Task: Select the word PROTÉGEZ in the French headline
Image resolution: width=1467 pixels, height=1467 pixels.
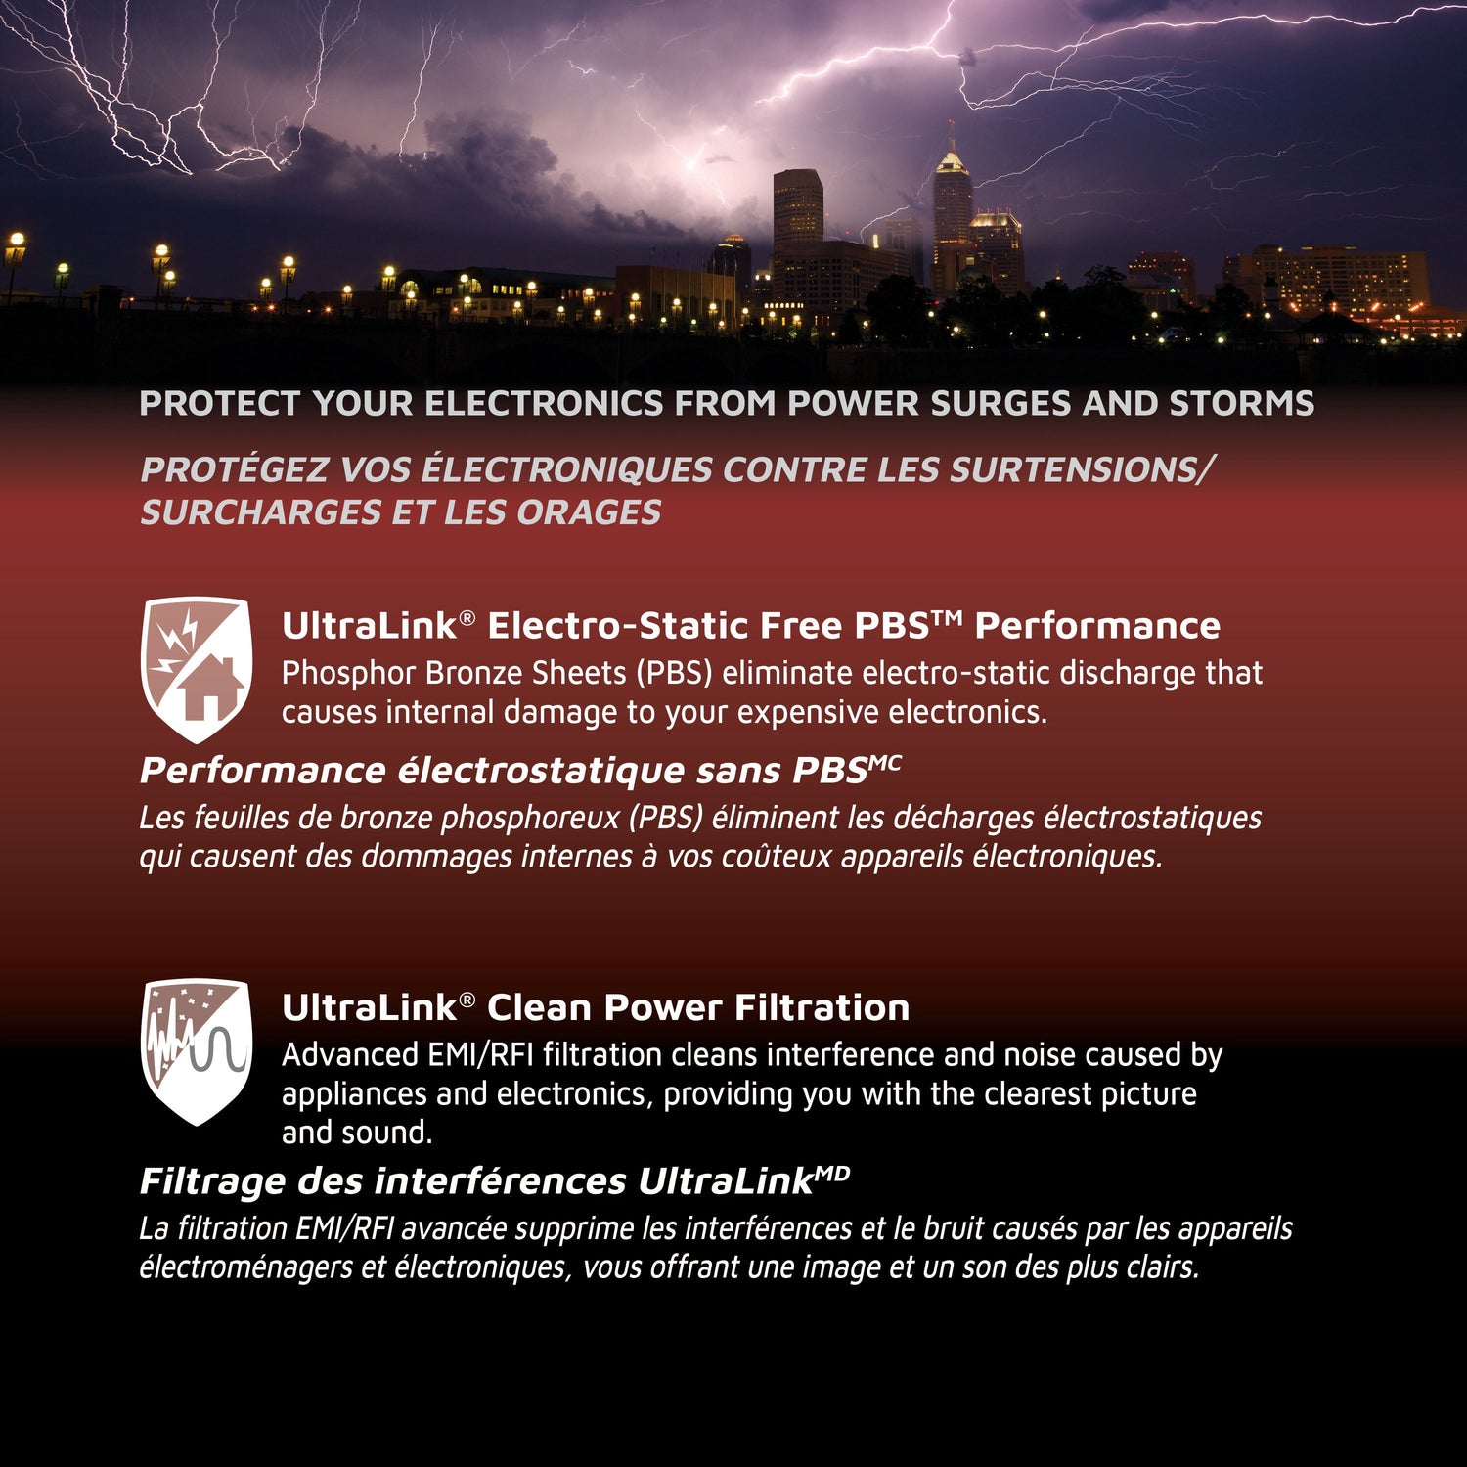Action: click(234, 470)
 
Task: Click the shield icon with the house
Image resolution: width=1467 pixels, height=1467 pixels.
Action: click(197, 669)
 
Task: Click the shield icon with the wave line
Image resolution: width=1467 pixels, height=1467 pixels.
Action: click(197, 1050)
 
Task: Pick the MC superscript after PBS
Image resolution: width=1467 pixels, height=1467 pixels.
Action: click(885, 761)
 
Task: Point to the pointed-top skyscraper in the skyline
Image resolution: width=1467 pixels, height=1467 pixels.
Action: click(952, 200)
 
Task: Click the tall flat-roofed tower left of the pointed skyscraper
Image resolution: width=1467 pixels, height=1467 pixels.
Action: click(798, 210)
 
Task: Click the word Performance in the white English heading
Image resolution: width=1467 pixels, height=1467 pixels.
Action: click(1097, 626)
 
